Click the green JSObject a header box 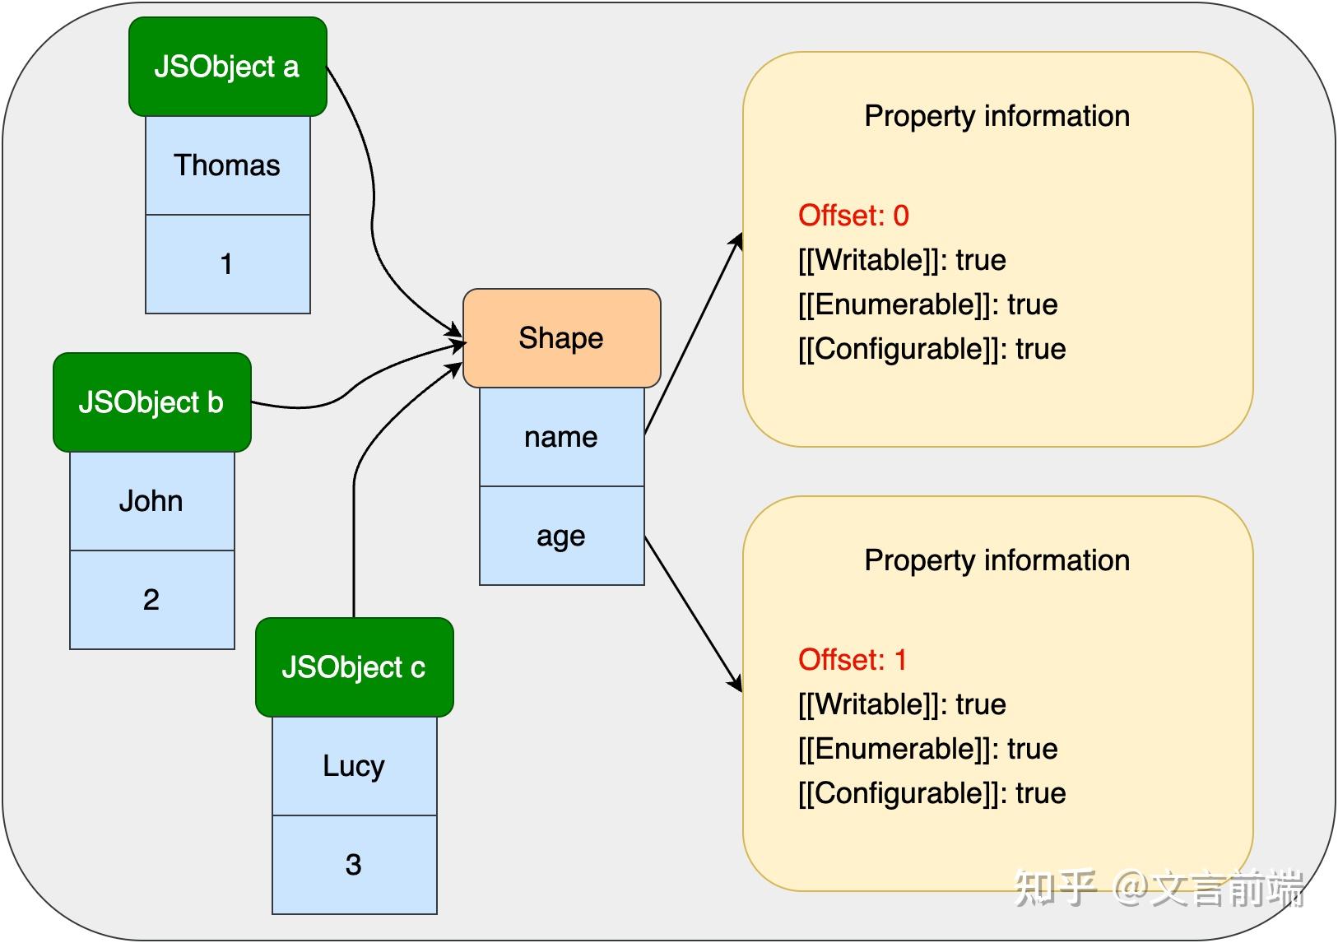(227, 67)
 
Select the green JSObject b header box (151, 402)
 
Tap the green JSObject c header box (354, 667)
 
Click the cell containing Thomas (227, 165)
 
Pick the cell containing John (151, 501)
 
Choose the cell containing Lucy (354, 766)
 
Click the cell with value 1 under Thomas (227, 264)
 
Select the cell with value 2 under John (151, 600)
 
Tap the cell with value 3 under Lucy (354, 865)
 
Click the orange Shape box (561, 338)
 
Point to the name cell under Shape (561, 437)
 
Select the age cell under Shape (561, 536)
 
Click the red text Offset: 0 (853, 216)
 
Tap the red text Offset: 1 (852, 660)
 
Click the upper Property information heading (997, 116)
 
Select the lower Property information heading (997, 560)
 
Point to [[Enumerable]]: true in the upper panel (927, 304)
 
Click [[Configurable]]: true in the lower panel (931, 793)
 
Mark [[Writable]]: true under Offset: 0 (902, 260)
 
